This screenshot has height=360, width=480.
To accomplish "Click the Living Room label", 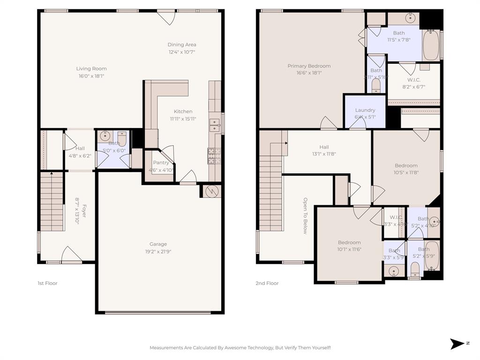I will coord(91,68).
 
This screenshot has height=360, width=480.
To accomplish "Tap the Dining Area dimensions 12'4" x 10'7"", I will coord(181,52).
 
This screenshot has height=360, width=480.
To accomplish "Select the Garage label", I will coord(158,244).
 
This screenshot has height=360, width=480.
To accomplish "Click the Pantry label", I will coord(161,163).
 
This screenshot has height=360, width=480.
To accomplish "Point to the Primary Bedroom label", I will coord(309,66).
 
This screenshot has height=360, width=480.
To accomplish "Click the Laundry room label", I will coord(365,110).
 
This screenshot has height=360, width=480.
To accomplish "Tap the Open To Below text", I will coord(305,215).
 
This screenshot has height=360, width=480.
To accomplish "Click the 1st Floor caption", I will coord(47,283).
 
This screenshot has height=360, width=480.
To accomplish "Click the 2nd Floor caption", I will coord(267,283).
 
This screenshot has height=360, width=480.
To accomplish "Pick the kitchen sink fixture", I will coord(215,126).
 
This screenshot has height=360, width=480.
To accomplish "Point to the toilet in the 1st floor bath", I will coord(122,139).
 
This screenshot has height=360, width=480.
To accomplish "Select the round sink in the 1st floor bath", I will coord(104,137).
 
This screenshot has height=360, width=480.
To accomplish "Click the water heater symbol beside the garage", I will coord(211,191).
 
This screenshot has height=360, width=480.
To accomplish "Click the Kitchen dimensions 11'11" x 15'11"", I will coord(183,119).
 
